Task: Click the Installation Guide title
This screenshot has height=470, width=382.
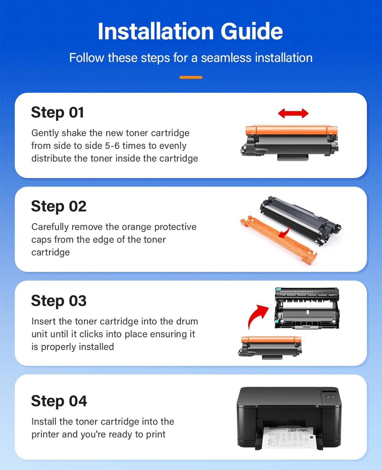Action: (190, 31)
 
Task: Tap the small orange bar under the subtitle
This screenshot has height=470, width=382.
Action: (191, 77)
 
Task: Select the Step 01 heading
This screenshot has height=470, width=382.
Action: (57, 112)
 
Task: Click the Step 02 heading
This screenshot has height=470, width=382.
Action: (59, 206)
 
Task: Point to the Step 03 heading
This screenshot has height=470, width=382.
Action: (59, 301)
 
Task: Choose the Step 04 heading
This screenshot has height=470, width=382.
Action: (59, 401)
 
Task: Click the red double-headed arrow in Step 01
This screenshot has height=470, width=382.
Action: (293, 113)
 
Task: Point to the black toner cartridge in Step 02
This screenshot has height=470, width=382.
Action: (299, 219)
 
